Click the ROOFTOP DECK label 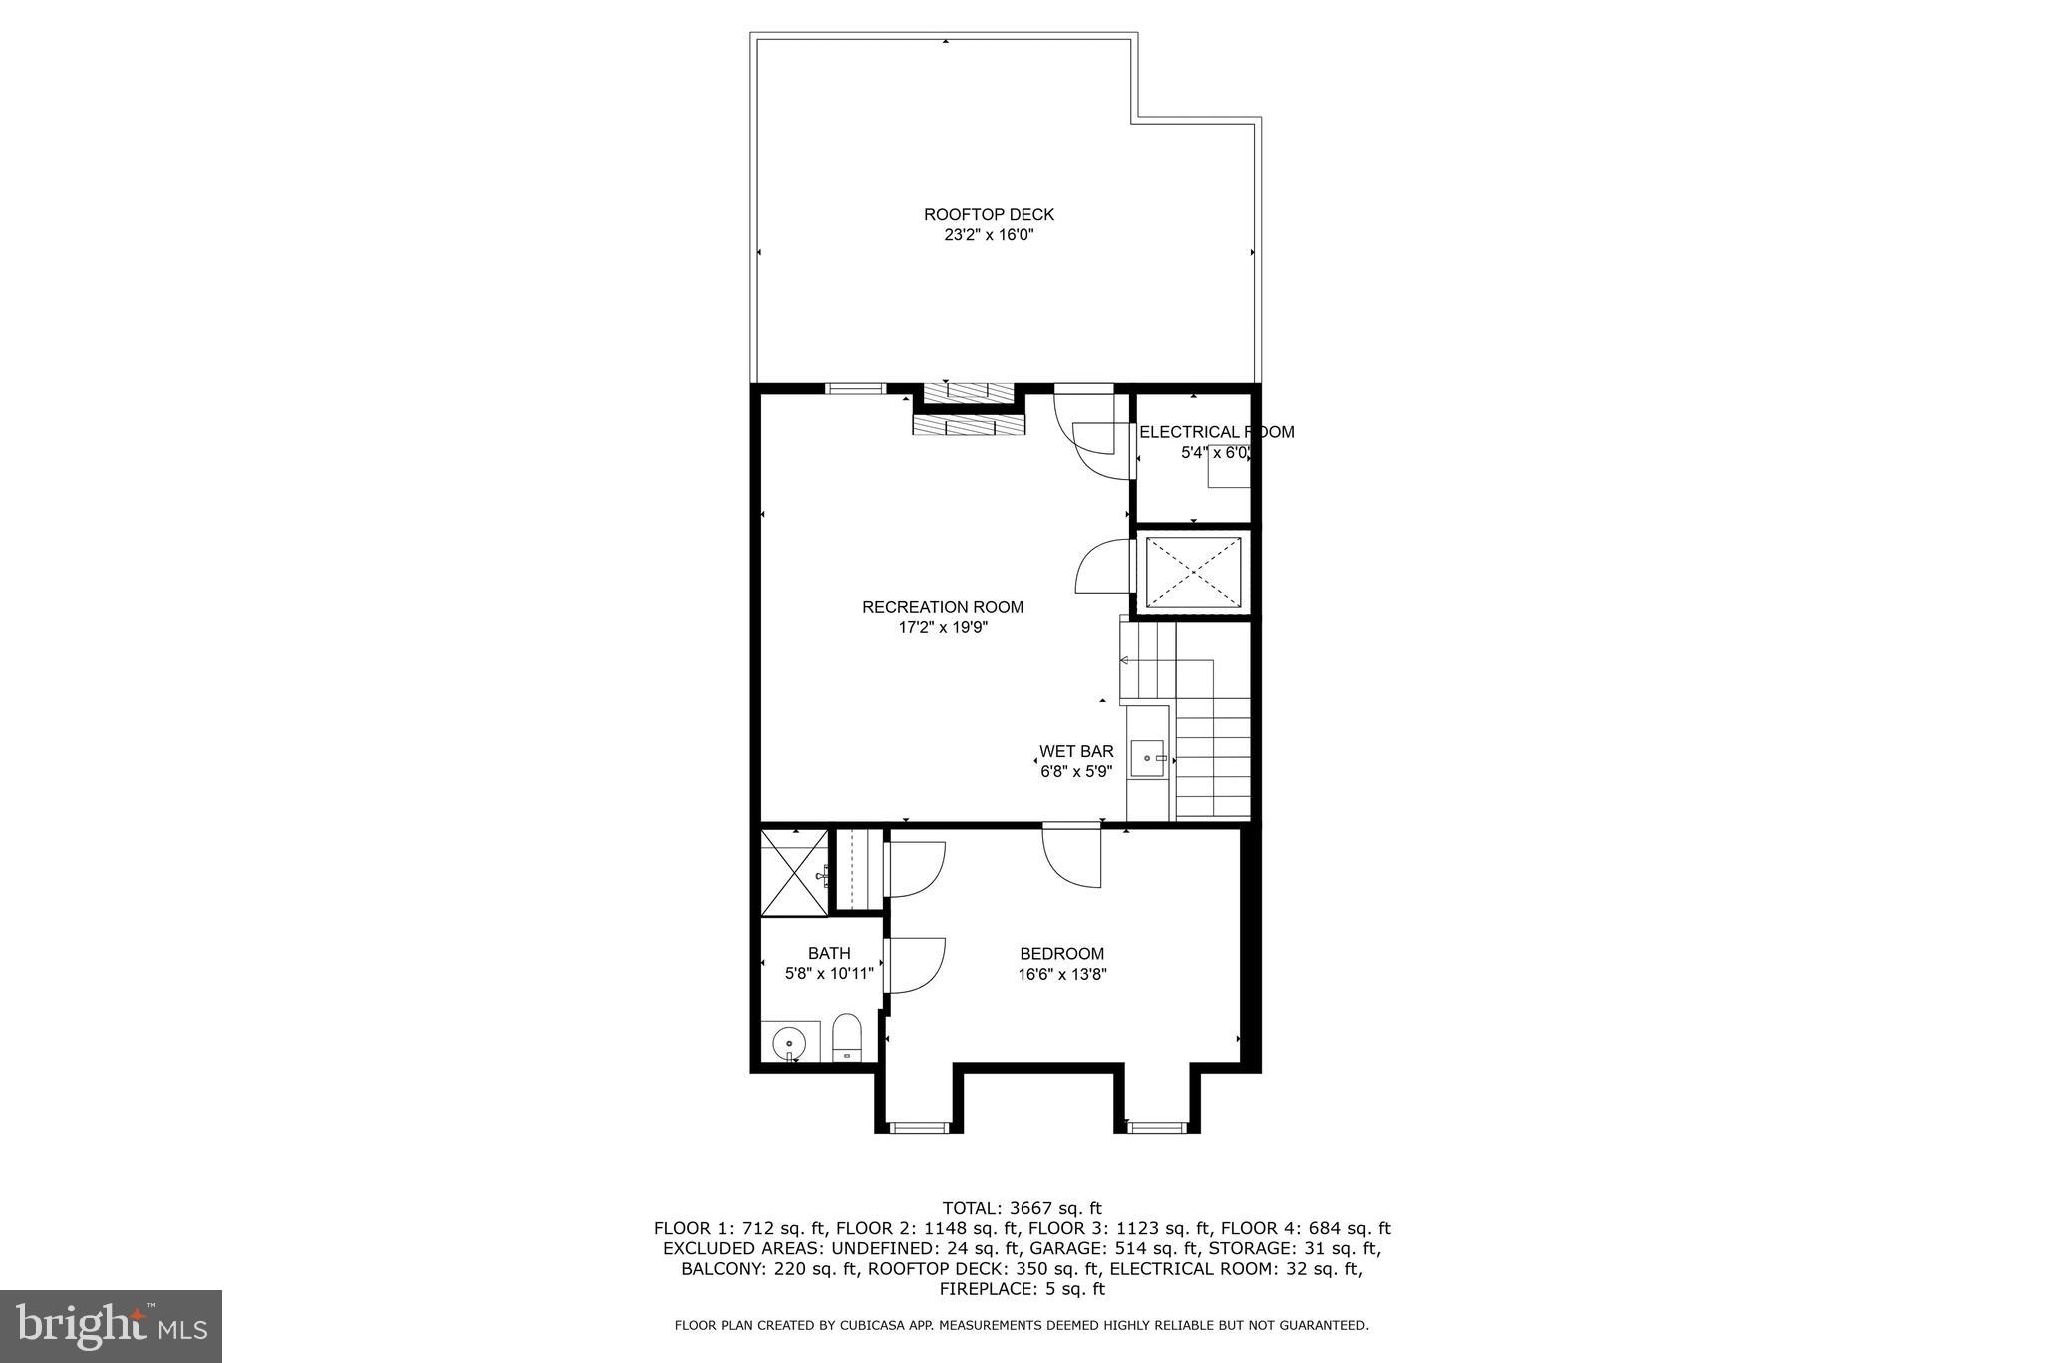[988, 214]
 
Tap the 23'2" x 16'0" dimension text [988, 236]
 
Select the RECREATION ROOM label [942, 607]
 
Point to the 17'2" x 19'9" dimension [942, 628]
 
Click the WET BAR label [1075, 751]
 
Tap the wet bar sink [1147, 758]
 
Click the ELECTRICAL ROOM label [1215, 432]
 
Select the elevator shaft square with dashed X [1194, 573]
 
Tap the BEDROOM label [1061, 954]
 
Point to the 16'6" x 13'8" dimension [1061, 975]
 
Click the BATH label [829, 954]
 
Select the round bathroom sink [789, 1043]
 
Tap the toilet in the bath [846, 1038]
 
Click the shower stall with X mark [794, 872]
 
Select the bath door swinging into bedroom [914, 966]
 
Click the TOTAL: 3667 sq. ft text [1022, 1208]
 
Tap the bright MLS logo [111, 1326]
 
